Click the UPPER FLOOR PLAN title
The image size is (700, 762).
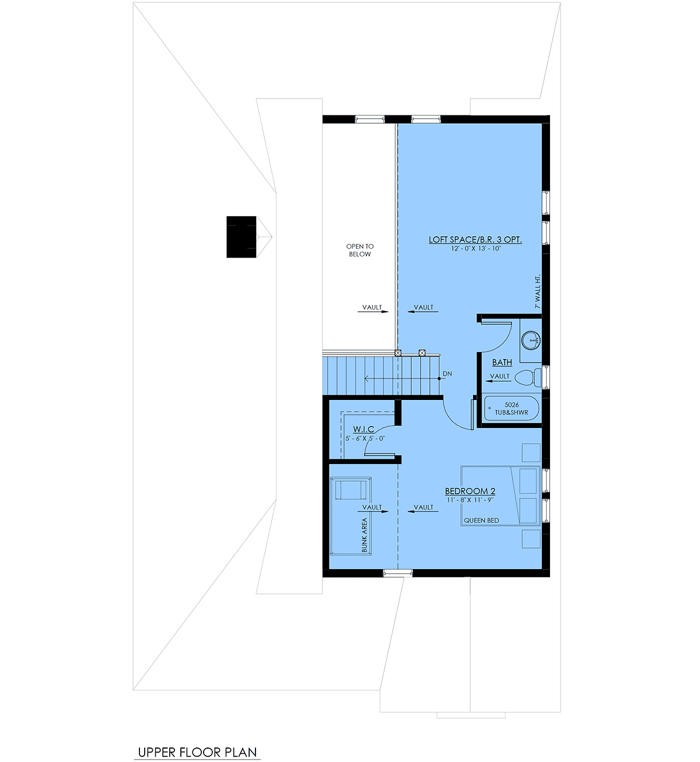tap(197, 752)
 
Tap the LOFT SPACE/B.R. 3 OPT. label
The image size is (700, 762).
tap(475, 240)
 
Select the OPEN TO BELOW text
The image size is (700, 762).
tap(360, 250)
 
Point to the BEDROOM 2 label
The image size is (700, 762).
tap(470, 491)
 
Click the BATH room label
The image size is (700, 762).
tap(502, 363)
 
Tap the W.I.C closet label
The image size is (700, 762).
tap(363, 429)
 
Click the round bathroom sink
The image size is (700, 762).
tap(531, 340)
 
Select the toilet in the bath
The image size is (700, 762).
tap(528, 378)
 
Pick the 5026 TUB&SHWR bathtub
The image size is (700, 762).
tap(512, 409)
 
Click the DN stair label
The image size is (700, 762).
tap(447, 374)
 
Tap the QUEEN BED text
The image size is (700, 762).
tap(481, 521)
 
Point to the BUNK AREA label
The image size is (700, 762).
tap(364, 535)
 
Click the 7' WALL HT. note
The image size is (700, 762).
tap(538, 292)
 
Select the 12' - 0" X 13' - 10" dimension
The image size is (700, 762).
tap(476, 248)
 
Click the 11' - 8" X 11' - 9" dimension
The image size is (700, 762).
tap(470, 500)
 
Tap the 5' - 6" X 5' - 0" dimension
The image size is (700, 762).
tap(365, 438)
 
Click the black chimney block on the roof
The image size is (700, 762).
tap(241, 237)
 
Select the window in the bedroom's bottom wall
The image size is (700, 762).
tap(398, 573)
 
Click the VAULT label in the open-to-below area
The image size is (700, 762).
tap(372, 307)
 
